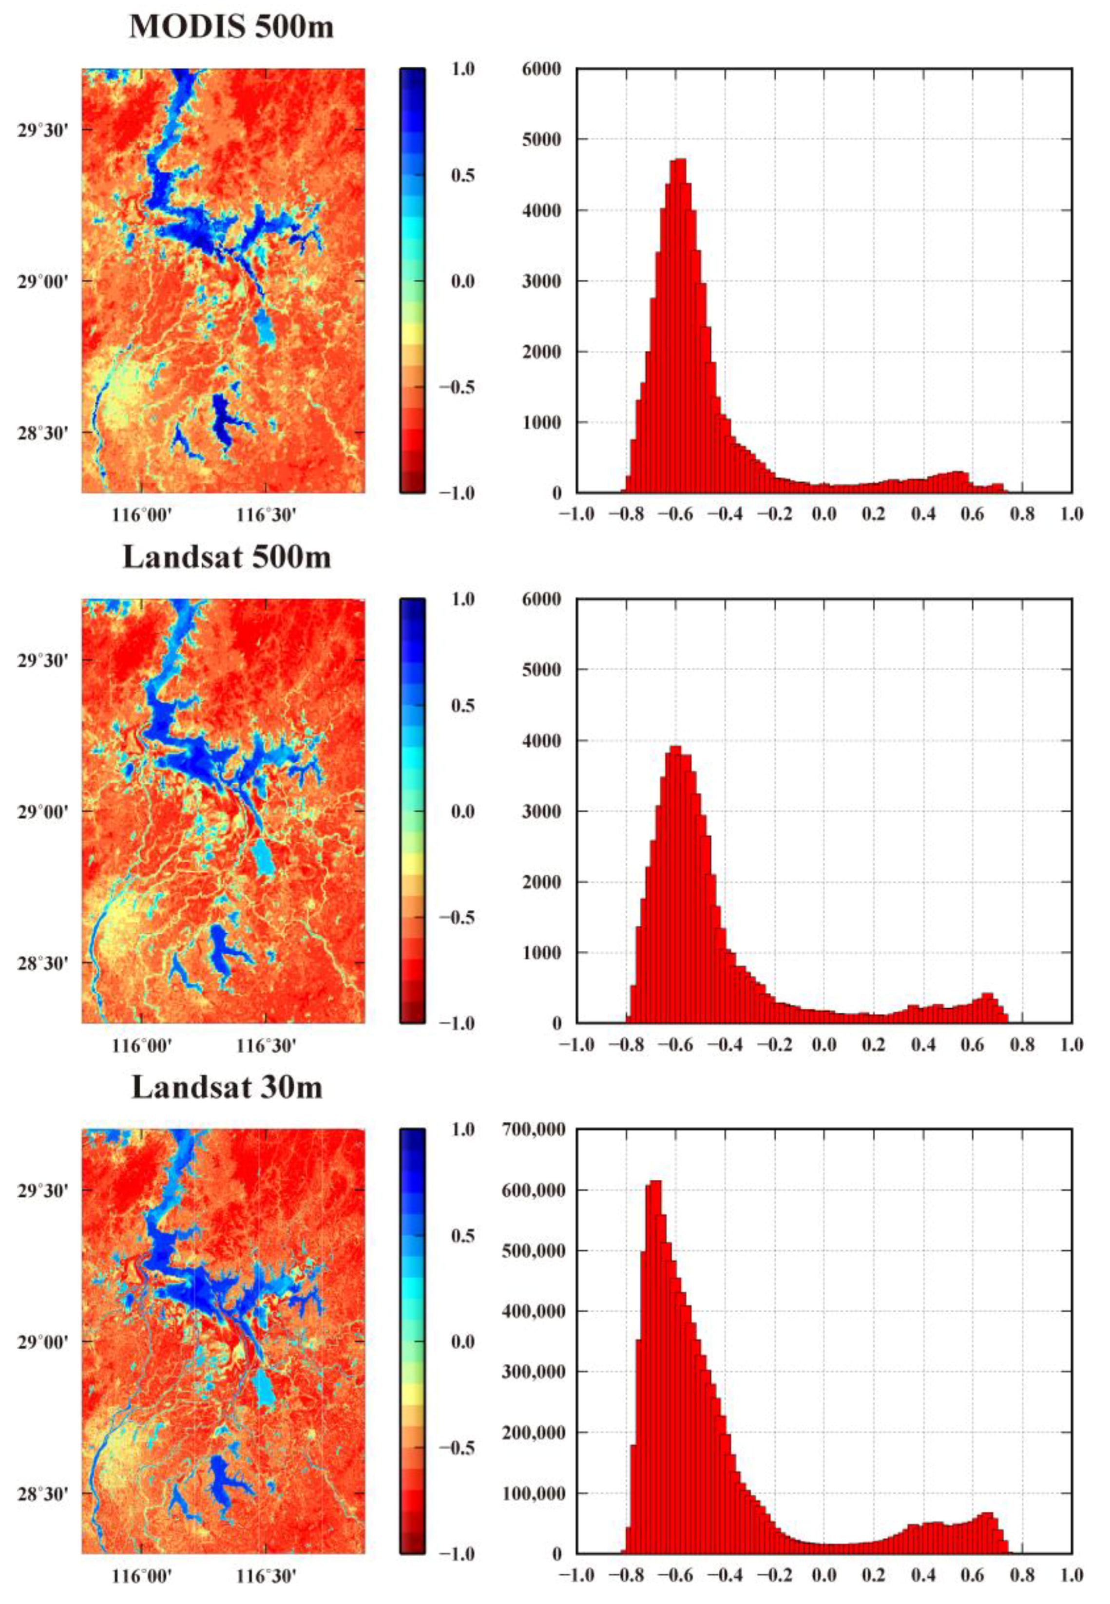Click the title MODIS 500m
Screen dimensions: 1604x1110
pyautogui.click(x=231, y=26)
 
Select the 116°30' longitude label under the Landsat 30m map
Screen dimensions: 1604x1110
pyautogui.click(x=267, y=1578)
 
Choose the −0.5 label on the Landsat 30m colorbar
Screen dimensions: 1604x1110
pyautogui.click(x=456, y=1448)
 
